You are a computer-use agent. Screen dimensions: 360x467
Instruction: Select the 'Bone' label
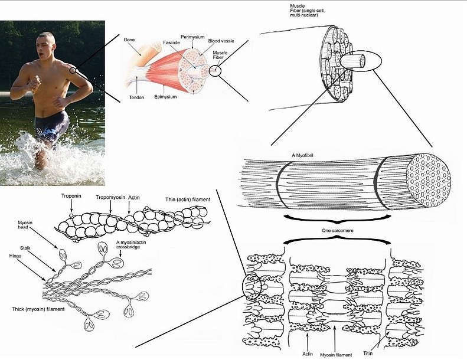129,40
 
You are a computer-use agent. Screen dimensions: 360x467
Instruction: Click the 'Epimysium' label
167,96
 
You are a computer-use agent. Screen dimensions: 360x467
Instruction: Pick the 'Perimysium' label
193,37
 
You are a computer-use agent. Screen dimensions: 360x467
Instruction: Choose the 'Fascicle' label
171,44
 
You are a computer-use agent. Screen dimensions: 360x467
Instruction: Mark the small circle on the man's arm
72,70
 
